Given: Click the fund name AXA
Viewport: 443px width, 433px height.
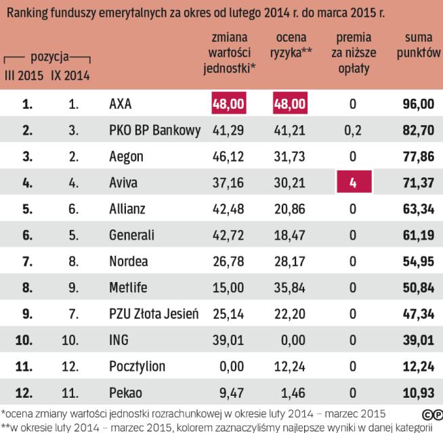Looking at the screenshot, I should [x=120, y=105].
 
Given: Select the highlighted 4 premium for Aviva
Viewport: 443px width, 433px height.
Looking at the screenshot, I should [x=352, y=183].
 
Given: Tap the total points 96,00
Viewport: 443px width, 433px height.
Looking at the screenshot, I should [x=418, y=105].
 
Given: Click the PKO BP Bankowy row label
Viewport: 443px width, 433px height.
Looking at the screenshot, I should [x=154, y=131].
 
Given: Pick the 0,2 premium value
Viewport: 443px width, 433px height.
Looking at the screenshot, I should [x=352, y=131].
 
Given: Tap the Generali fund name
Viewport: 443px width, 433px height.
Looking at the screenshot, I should [x=131, y=235].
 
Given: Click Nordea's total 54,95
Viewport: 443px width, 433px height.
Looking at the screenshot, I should [x=418, y=261].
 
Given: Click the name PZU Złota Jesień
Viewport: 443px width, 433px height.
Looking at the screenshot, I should [x=153, y=313].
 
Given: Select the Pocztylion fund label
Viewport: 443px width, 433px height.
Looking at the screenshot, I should [x=137, y=365].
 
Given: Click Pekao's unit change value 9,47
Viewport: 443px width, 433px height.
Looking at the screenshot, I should [x=228, y=391].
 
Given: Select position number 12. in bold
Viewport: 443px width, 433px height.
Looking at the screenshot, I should [x=24, y=391].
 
